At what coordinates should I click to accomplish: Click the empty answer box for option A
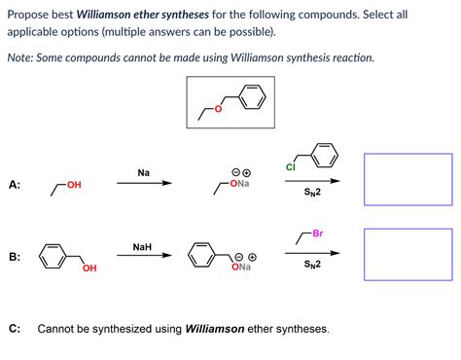coord(408,180)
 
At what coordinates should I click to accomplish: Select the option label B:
coord(15,257)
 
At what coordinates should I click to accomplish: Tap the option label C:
coord(15,329)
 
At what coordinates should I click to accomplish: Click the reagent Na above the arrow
coord(144,172)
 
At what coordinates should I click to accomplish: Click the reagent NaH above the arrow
coord(142,247)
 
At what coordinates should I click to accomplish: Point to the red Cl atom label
coord(290,167)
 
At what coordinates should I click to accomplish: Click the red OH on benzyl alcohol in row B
coord(89,269)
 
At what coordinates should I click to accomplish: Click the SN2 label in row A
coord(311,192)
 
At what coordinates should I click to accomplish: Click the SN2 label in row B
coord(311,265)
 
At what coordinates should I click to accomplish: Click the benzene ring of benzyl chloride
coord(324,154)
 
